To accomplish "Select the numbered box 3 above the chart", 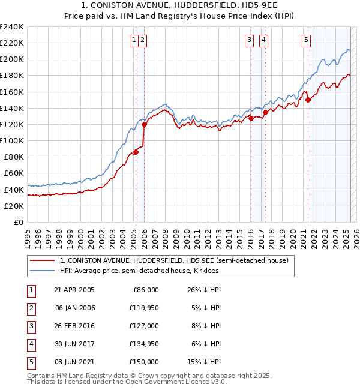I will [248, 40].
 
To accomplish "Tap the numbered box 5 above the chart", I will [306, 40].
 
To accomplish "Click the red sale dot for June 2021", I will [308, 100].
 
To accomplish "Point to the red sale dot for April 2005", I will [136, 152].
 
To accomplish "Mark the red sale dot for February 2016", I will [251, 119].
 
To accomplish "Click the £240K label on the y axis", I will [11, 27].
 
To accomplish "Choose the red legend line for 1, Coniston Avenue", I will [43, 260].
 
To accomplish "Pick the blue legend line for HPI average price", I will [43, 271].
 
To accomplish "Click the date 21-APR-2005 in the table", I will [74, 290].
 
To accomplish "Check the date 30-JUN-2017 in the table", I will [74, 344].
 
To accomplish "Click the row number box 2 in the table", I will [29, 308].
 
